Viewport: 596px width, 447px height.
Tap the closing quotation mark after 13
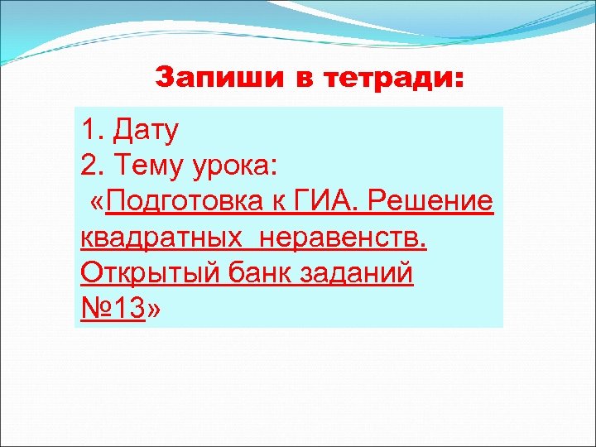click(x=155, y=310)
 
